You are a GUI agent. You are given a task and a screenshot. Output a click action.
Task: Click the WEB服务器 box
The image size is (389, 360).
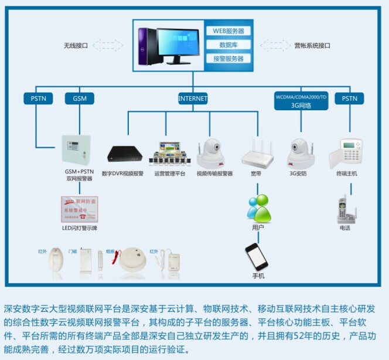pos(228,31)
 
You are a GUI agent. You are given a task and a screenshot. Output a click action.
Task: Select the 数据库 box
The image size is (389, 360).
pos(228,45)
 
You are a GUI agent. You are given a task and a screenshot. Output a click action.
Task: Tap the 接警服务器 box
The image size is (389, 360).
pos(228,59)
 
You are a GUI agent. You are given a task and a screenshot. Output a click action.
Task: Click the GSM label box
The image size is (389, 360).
pos(80,99)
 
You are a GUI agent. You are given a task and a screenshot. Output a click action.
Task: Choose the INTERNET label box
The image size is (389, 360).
pos(193,99)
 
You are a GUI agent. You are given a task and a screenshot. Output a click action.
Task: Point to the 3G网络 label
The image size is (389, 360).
pos(301,106)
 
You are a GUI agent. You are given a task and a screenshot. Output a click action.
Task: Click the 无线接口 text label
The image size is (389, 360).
pos(76,45)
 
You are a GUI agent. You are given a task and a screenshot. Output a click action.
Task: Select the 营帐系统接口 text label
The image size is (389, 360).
pos(312,45)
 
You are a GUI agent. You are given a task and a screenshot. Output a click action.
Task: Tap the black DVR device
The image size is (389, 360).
pos(125,154)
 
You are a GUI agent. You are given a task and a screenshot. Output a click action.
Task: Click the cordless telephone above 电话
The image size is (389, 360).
pos(344,209)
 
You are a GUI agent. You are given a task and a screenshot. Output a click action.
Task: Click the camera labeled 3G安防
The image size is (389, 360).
pos(301,154)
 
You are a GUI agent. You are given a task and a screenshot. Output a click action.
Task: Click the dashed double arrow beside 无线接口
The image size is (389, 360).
pos(104,45)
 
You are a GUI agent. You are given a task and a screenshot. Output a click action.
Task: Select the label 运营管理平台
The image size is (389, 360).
pos(170,174)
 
